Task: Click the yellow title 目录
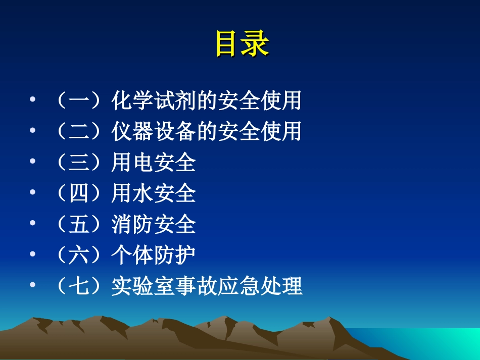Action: (x=242, y=44)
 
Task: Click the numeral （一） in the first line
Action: (x=78, y=101)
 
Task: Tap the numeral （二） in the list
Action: (x=78, y=132)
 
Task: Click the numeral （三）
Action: (x=78, y=163)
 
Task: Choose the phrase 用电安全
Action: (x=154, y=163)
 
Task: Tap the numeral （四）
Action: (x=78, y=194)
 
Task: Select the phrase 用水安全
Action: (x=154, y=194)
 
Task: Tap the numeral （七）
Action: (x=78, y=286)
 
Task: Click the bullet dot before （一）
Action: (x=33, y=101)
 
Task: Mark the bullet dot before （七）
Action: (x=33, y=286)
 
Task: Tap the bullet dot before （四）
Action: (x=33, y=194)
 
